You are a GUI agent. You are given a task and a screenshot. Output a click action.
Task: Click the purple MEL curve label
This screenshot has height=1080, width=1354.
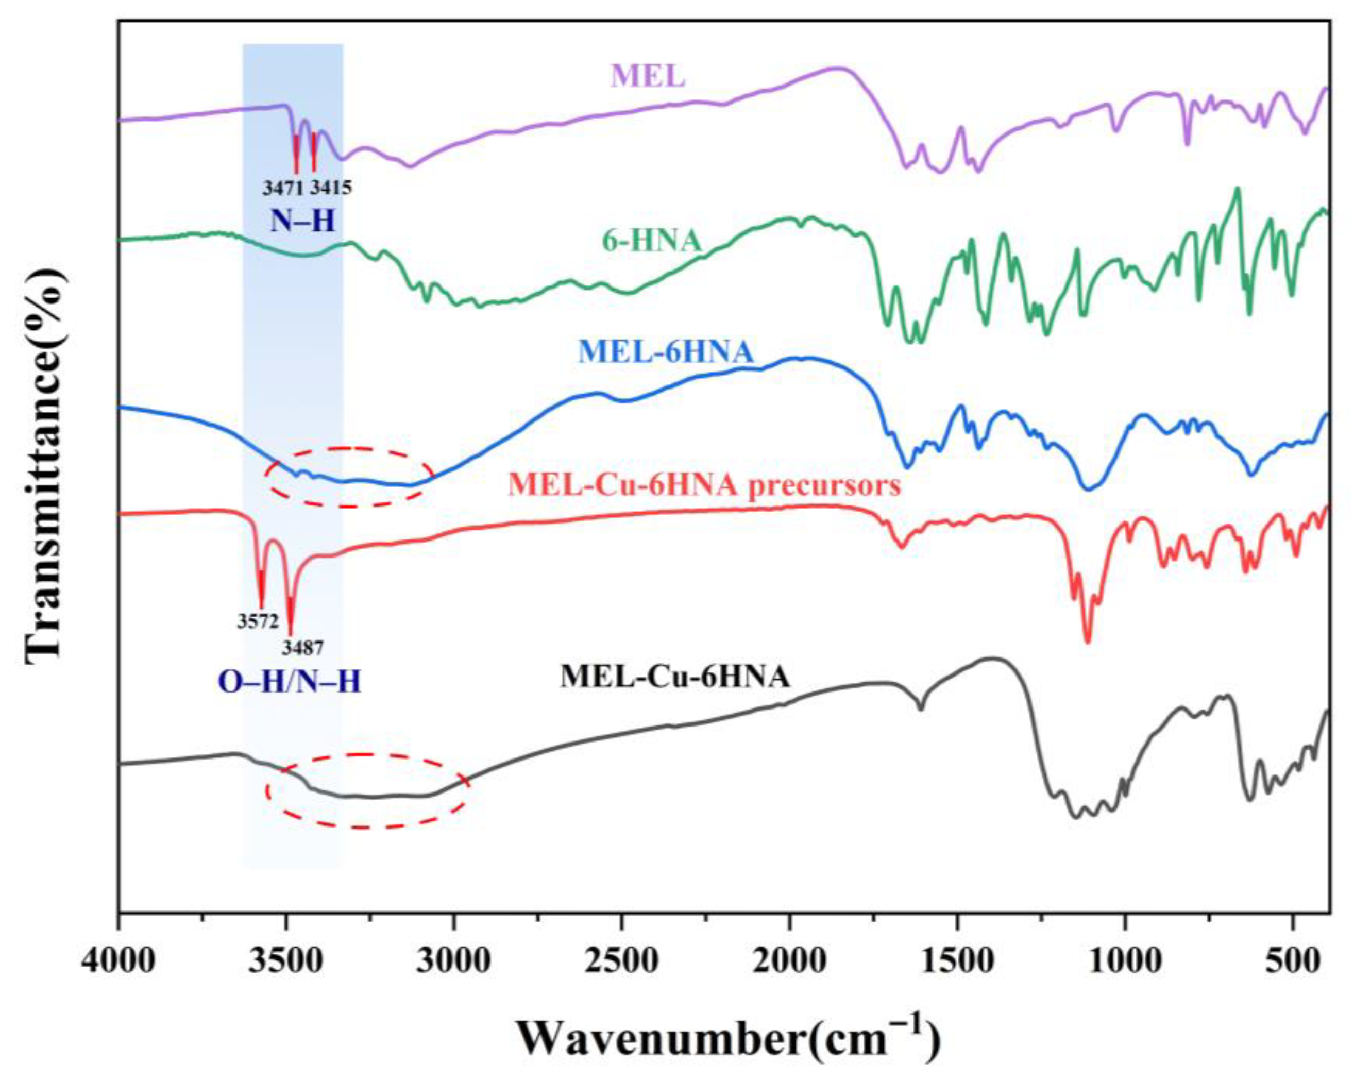pyautogui.click(x=648, y=77)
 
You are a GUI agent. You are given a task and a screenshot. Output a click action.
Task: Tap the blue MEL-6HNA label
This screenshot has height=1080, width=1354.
pyautogui.click(x=666, y=353)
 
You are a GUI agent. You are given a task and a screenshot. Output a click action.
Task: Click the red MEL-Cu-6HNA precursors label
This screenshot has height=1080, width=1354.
pyautogui.click(x=705, y=485)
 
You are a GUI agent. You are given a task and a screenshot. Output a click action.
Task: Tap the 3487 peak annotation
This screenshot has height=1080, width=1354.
pyautogui.click(x=303, y=647)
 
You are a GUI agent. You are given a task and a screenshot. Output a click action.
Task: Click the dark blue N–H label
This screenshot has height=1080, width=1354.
pyautogui.click(x=303, y=221)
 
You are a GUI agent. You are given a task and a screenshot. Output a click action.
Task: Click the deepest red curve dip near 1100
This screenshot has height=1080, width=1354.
pyautogui.click(x=1088, y=640)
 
